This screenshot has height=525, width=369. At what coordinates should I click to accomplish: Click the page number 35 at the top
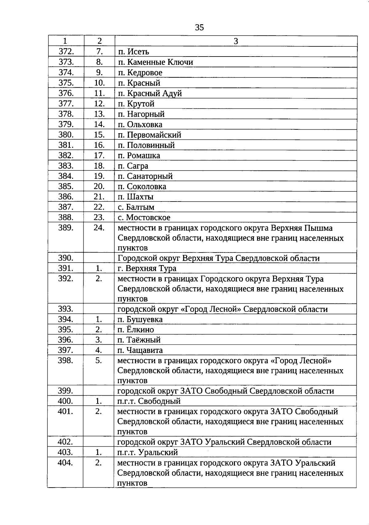(x=199, y=28)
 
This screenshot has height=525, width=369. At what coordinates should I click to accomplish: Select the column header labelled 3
(x=236, y=41)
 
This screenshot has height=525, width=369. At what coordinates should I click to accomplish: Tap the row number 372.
(x=66, y=52)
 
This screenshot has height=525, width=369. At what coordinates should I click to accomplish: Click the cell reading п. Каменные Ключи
(x=156, y=62)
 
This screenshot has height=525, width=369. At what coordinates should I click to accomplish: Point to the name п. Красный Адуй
(x=150, y=93)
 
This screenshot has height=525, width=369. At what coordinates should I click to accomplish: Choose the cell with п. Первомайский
(x=150, y=135)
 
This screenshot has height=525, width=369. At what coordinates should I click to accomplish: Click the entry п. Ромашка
(x=139, y=155)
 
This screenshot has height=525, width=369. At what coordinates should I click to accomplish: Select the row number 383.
(x=66, y=166)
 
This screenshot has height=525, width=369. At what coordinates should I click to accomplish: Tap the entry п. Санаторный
(x=145, y=176)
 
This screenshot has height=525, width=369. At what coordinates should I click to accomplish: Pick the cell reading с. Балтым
(x=136, y=207)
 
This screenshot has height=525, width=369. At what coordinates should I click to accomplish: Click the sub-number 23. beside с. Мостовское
(x=99, y=217)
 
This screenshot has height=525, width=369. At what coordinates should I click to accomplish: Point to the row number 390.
(x=66, y=258)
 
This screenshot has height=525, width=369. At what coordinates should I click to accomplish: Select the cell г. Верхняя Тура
(x=147, y=268)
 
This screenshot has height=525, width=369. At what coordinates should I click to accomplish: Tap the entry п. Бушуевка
(x=140, y=319)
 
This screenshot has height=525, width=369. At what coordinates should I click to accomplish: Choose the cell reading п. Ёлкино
(x=136, y=330)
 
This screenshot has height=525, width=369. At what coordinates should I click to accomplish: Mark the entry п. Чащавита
(x=140, y=351)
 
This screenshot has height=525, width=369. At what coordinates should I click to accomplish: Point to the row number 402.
(x=65, y=442)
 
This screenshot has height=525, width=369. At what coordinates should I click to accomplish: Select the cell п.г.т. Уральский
(x=148, y=453)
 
